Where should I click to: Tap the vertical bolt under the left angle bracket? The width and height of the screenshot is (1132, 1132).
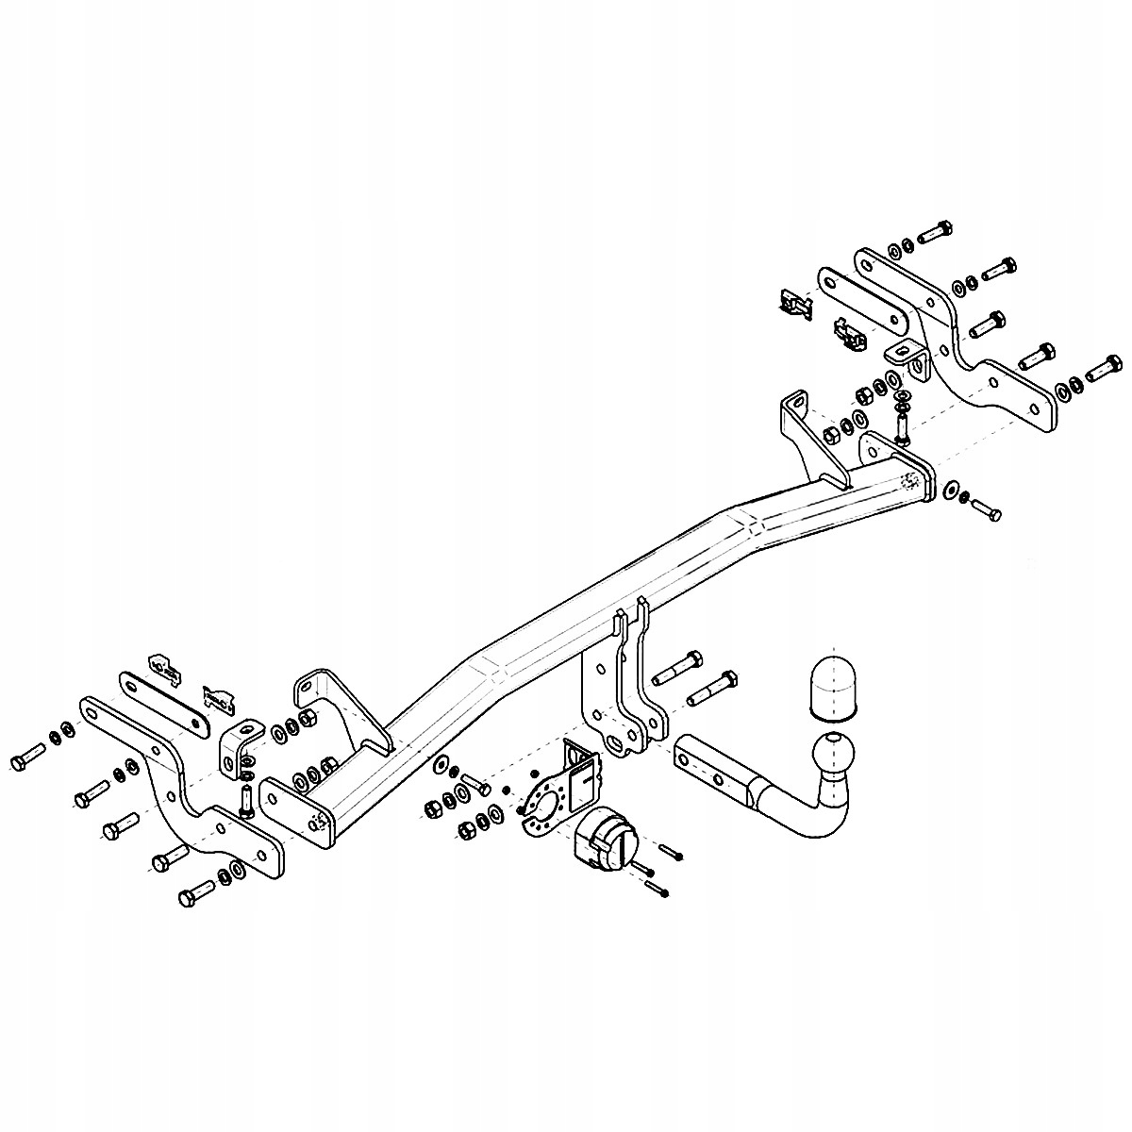(246, 798)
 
